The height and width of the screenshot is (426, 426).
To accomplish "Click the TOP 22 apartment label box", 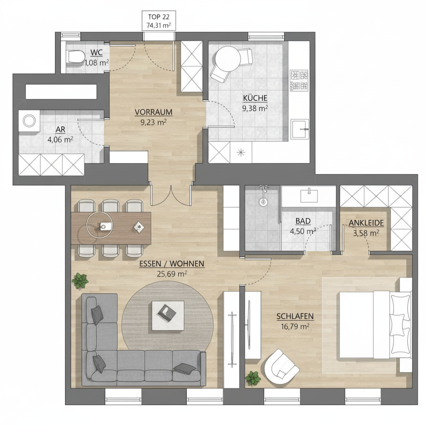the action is pos(159,21).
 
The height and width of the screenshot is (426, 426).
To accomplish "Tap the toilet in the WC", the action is pos(76,57).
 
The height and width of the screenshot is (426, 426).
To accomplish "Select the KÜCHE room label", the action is pos(255,98).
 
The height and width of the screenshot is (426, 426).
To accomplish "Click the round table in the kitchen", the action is pos(228,59).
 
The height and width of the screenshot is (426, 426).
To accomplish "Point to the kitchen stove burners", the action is pos(299,80).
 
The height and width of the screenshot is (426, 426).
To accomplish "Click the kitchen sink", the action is pos(300,129).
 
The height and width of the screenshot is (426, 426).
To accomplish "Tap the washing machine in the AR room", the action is pos(29,121).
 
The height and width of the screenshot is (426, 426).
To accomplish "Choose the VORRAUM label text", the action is pos(154,112).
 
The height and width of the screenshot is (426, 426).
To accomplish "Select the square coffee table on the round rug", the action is pos(168,316).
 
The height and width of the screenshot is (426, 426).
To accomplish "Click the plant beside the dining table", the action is pos(80,281).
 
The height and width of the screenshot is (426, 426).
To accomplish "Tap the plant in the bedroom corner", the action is pos(253,379).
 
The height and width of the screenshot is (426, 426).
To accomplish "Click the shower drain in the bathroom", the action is pos(263,202).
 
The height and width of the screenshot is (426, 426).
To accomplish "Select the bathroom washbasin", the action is pos(309,196).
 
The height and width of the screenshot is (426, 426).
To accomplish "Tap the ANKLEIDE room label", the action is pos(366,223).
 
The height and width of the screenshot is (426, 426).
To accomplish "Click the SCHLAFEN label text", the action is pos(295,316).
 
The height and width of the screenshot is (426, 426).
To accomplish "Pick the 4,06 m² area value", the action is pos(60,140).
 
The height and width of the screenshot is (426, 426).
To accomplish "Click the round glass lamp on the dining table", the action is pos(99,225).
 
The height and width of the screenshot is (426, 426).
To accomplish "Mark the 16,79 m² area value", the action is pos(295,326).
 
